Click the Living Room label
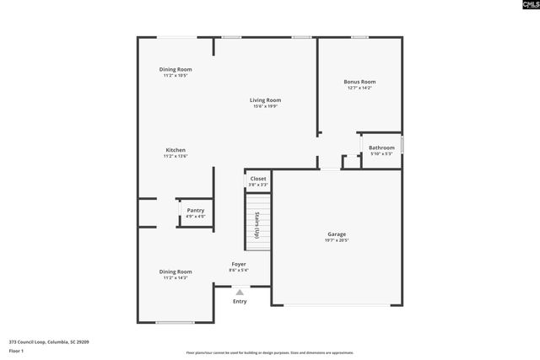pos(264,100)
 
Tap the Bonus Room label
pos(359,81)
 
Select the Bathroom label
pos(381,148)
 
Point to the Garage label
pos(337,234)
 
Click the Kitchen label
pos(175,150)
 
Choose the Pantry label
pos(195,210)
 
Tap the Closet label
pos(257,179)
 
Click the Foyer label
pos(239,264)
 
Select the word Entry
pos(240,301)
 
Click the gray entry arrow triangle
pos(240,292)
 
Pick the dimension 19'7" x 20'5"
pos(337,240)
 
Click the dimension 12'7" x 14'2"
pos(359,88)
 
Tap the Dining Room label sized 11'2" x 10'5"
pos(175,69)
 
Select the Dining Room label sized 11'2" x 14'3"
pos(175,271)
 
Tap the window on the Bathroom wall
pos(402,144)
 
